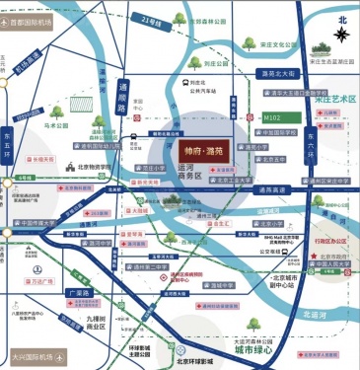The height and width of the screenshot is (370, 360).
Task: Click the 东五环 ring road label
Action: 8,141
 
